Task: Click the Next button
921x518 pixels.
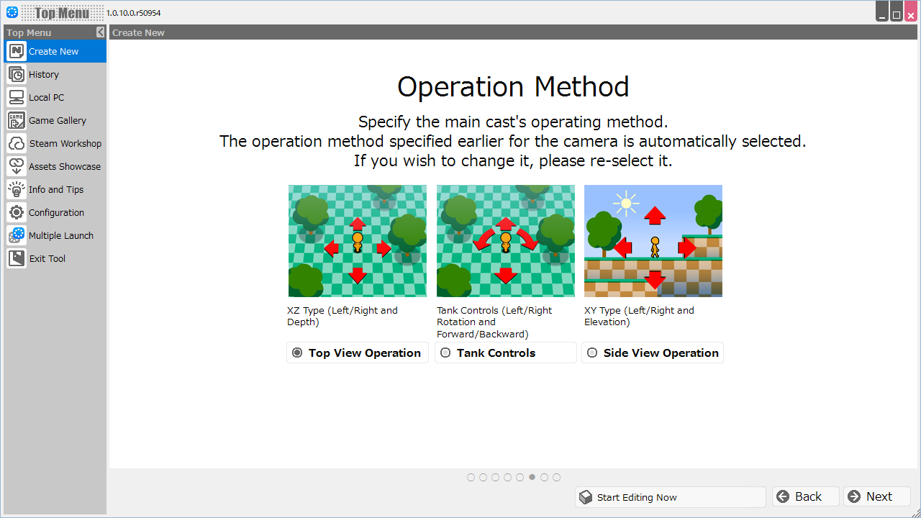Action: pyautogui.click(x=877, y=497)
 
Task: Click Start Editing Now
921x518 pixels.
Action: pyautogui.click(x=670, y=497)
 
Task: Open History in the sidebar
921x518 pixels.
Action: pyautogui.click(x=44, y=75)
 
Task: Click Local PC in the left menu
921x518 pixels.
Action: pyautogui.click(x=46, y=98)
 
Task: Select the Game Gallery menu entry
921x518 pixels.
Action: pyautogui.click(x=57, y=121)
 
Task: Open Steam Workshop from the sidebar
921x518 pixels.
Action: pyautogui.click(x=65, y=144)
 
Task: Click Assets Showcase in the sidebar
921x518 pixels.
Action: pyautogui.click(x=64, y=167)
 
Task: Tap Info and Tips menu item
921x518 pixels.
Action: pyautogui.click(x=55, y=190)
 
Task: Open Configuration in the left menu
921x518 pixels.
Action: pyautogui.click(x=56, y=213)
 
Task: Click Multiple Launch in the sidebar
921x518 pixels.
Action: pyautogui.click(x=60, y=236)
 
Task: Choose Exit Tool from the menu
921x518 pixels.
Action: pyautogui.click(x=47, y=259)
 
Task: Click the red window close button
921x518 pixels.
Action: pyautogui.click(x=911, y=13)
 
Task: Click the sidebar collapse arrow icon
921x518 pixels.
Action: pyautogui.click(x=100, y=32)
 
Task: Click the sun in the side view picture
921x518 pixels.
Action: pyautogui.click(x=626, y=204)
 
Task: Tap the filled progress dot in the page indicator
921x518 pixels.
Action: pyautogui.click(x=532, y=477)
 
